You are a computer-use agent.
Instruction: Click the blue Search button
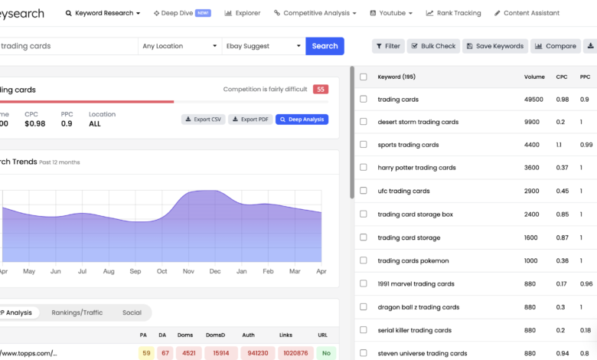pos(325,46)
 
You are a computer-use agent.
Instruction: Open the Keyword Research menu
pos(103,13)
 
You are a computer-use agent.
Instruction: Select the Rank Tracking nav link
pos(454,13)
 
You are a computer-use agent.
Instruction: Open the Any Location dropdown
pos(180,46)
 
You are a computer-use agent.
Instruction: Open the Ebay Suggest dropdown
pos(263,46)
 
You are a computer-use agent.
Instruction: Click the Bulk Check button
pos(433,46)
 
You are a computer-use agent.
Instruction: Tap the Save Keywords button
pos(494,46)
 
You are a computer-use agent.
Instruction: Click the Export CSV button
pos(203,119)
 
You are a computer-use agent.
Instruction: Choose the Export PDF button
pos(251,119)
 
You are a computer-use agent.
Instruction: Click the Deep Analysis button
pos(302,119)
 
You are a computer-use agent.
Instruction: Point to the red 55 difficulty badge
pos(321,90)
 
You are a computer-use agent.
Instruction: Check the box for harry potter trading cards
pos(364,168)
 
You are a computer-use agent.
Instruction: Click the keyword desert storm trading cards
pos(418,122)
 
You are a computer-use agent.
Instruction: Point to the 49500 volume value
pos(533,100)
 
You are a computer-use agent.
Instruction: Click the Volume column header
pos(534,77)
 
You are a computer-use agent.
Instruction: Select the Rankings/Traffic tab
pos(77,313)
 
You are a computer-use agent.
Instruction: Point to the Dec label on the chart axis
pos(215,271)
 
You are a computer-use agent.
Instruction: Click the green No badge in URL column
pos(325,353)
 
